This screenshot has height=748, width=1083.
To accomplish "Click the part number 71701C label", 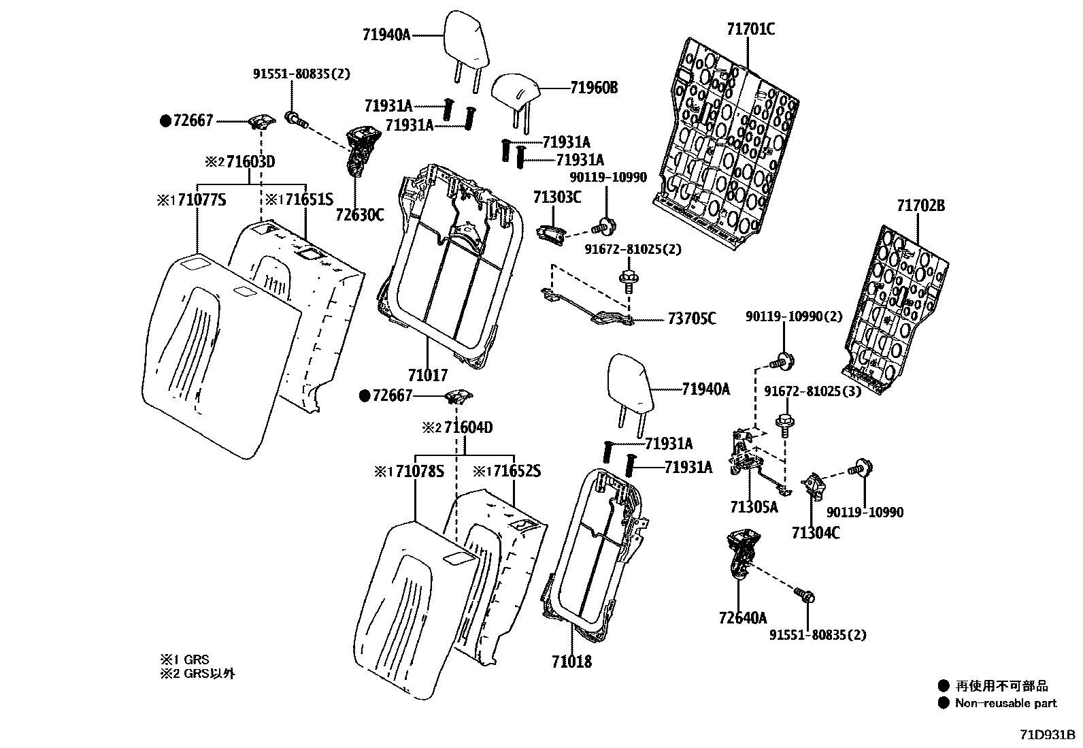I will pos(750,29).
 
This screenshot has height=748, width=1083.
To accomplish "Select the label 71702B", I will pos(920,206).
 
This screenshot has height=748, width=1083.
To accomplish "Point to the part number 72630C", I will pos(359,215).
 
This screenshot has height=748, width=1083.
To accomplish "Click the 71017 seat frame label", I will pos(428,375).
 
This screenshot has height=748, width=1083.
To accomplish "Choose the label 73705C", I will pos(691,319).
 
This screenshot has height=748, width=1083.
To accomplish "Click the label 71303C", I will pos(557,198).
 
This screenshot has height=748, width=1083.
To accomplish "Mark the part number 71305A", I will pos(754,507).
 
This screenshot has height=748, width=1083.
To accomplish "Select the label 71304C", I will pos(815,532).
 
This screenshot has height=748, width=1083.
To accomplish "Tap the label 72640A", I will pos(742,617).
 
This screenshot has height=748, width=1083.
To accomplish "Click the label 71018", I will pos(571,661).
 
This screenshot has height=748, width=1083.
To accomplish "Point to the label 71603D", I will pos(250,162).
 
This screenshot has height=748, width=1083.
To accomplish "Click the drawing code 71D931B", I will pos(1047,735).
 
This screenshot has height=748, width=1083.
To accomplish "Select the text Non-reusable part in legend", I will pos(1005,703).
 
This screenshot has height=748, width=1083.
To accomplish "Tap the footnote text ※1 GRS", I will pos(184,660).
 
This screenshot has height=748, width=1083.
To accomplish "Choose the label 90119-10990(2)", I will pos(793,316).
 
